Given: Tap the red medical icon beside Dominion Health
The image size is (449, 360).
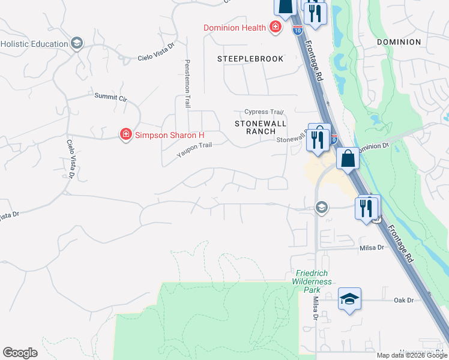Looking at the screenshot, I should click(275, 27).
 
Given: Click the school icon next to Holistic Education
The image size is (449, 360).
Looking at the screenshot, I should click(76, 43).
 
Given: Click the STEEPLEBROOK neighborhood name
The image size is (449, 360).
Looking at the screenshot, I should click(250, 59).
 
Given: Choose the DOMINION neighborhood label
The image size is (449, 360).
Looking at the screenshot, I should click(399, 42).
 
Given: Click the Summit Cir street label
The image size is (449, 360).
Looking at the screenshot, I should click(111, 97).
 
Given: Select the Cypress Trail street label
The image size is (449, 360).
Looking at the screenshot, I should click(264, 112).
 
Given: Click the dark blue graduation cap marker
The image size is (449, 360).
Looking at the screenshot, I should click(349, 299).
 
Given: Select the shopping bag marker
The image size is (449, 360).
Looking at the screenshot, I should click(348, 160).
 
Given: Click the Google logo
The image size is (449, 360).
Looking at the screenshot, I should click(20, 353).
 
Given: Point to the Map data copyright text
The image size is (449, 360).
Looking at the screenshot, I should click(411, 355).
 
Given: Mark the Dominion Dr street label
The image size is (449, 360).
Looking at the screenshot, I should click(374, 147).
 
